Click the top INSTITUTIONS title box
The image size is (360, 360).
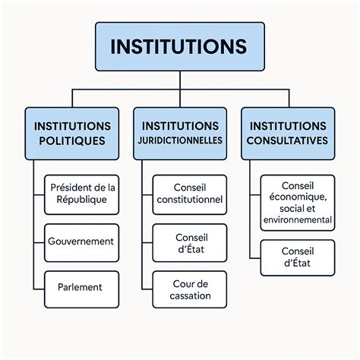[179, 46]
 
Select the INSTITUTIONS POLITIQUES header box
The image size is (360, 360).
[71, 133]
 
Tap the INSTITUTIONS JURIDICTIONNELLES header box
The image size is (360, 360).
[179, 133]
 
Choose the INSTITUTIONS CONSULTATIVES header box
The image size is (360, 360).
[289, 133]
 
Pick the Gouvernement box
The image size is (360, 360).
[82, 242]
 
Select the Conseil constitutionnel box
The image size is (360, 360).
[189, 194]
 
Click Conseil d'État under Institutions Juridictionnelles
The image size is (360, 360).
[189, 242]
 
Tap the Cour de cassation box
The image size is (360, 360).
[189, 289]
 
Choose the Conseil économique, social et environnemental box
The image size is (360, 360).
[297, 203]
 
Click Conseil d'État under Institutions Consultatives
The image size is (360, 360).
[297, 257]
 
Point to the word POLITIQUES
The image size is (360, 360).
[71, 141]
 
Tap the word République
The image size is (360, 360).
[82, 201]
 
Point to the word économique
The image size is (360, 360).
[297, 197]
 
